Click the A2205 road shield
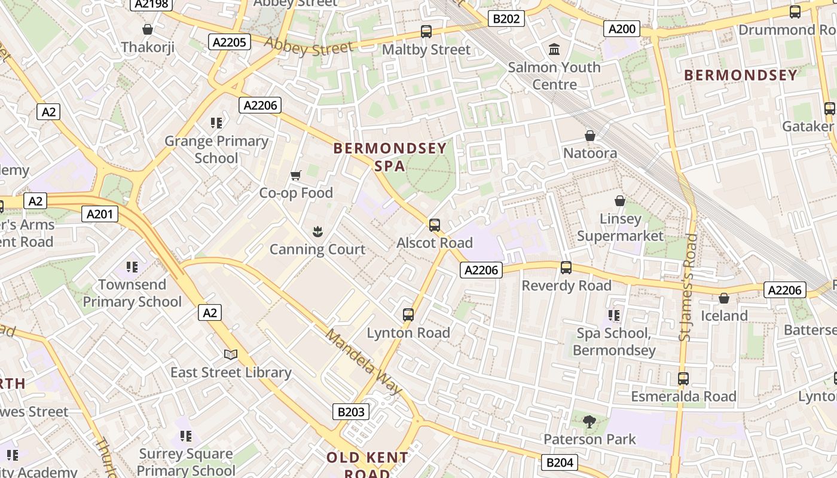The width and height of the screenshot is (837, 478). point(230,41)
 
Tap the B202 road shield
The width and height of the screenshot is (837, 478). point(506,19)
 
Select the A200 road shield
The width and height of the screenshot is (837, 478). point(622,29)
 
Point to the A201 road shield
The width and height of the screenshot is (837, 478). point(99,214)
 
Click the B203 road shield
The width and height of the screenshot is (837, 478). point(350,412)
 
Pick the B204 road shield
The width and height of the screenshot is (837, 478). point(560,462)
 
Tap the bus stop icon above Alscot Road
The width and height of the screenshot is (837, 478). point(435,225)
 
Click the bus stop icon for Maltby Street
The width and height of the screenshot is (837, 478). point(426,32)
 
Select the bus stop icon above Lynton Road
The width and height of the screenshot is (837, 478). point(408,314)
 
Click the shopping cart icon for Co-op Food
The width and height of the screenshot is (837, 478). point(295,175)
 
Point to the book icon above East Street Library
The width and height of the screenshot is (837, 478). point(231,354)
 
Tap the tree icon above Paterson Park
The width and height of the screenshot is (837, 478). point(589,422)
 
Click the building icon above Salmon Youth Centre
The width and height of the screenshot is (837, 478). point(554,49)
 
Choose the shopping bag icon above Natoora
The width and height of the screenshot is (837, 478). point(590,136)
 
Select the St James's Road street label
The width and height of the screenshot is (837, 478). point(688,287)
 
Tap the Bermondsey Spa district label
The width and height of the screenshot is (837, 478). point(390,157)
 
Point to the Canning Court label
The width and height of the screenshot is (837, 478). point(317,249)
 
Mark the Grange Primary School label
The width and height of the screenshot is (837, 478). point(216,149)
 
